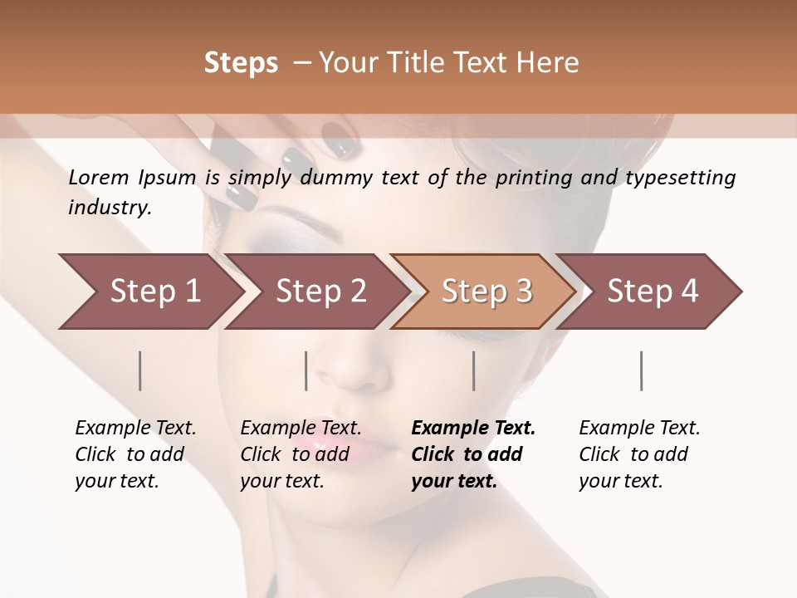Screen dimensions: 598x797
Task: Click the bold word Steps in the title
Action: [x=241, y=63]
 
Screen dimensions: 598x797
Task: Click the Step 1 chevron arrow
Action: [x=149, y=292]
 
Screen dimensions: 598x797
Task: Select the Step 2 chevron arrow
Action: [x=315, y=292]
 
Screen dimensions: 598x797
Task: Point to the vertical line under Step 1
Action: [x=140, y=370]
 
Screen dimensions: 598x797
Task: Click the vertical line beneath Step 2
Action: [x=306, y=370]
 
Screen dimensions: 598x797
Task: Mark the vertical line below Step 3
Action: [x=474, y=370]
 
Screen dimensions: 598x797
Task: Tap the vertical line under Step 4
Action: [x=642, y=370]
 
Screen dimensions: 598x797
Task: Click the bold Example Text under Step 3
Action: [x=473, y=454]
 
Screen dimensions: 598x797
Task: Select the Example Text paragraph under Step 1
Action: [x=135, y=454]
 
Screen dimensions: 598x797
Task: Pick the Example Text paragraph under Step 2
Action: [x=301, y=454]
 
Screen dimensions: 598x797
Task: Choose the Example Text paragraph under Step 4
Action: [x=639, y=454]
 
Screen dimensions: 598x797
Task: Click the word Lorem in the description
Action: [x=99, y=178]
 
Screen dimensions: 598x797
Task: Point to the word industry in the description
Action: [x=109, y=208]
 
